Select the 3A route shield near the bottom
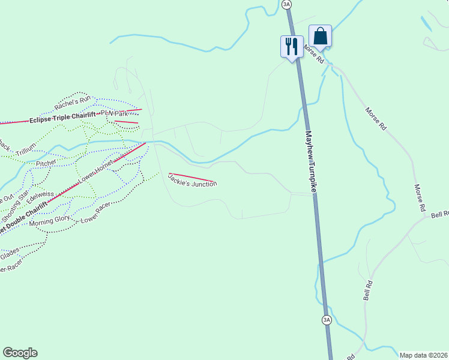click(x=327, y=320)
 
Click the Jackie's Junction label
click(x=192, y=180)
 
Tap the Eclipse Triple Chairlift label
click(x=62, y=118)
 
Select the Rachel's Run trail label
click(x=72, y=103)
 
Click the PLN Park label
click(x=115, y=113)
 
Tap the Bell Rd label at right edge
click(x=439, y=214)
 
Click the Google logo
click(x=20, y=353)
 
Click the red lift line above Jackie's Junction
click(x=192, y=177)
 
